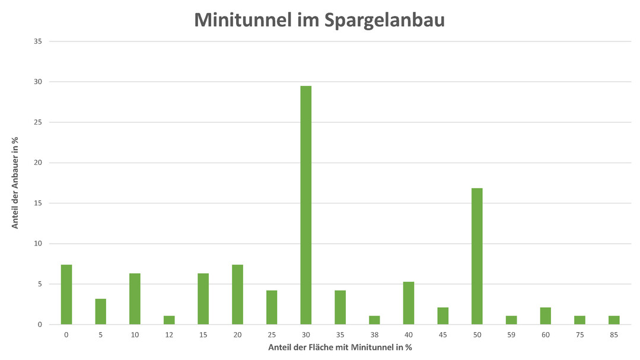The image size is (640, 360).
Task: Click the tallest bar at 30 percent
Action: [305, 205]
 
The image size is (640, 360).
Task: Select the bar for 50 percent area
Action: [477, 256]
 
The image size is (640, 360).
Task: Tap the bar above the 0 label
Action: [66, 294]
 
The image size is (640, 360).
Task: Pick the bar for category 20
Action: [237, 294]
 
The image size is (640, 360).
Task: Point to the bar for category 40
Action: [409, 303]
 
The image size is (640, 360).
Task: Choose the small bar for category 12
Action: [169, 320]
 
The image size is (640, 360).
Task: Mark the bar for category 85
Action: [614, 320]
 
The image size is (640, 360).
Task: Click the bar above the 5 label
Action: [101, 311]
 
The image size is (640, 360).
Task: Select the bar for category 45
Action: [442, 316]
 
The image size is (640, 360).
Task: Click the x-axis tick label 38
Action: [374, 335]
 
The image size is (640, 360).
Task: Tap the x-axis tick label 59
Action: [511, 335]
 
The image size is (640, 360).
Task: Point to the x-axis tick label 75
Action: [579, 335]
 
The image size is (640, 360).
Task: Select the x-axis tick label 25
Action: [272, 335]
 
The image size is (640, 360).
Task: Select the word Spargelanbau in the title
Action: [384, 20]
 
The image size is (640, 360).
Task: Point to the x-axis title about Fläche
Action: [340, 348]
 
